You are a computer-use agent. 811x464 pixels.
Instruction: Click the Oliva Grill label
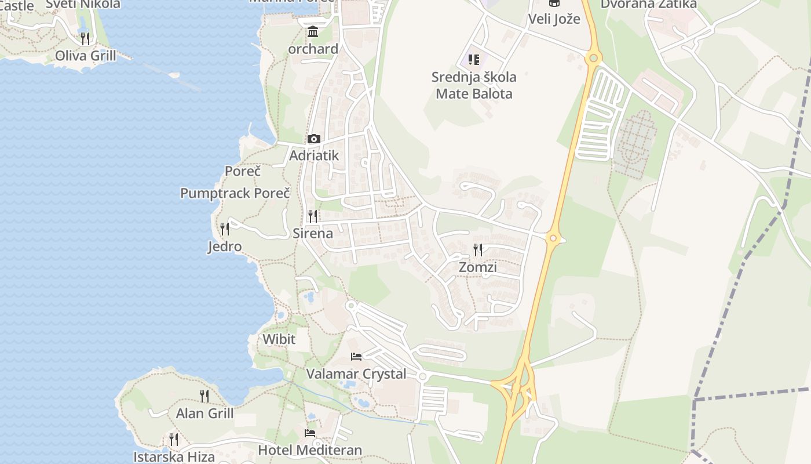tap(85, 56)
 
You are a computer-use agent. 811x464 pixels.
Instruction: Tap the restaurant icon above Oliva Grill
tap(85, 39)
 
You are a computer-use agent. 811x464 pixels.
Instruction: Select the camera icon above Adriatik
tap(313, 139)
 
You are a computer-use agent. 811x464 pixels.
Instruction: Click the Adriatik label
tap(313, 155)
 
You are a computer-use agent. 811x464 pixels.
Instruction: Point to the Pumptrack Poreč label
tap(235, 193)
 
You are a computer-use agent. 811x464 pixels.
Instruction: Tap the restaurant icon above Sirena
tap(313, 216)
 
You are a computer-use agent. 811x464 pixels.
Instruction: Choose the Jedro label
tap(224, 246)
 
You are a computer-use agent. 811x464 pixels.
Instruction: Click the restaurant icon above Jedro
tap(225, 229)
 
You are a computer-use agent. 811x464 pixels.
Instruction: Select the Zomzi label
tap(477, 267)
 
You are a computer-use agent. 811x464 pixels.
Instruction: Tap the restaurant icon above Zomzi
tap(478, 250)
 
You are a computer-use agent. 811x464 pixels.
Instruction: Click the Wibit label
tap(279, 339)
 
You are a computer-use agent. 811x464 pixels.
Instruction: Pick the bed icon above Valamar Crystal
tap(356, 356)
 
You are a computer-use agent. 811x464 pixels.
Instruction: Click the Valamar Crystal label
tap(356, 374)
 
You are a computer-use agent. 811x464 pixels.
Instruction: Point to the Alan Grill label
tap(204, 414)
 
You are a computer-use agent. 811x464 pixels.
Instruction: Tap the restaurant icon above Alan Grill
tap(204, 396)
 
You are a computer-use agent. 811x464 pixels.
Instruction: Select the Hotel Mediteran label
tap(310, 449)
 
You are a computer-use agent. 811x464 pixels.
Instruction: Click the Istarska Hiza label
tap(174, 456)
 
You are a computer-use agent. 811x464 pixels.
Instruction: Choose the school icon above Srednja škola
tap(474, 60)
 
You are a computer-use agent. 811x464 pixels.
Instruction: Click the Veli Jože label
tap(554, 19)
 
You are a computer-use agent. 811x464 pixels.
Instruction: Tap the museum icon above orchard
tap(313, 31)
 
